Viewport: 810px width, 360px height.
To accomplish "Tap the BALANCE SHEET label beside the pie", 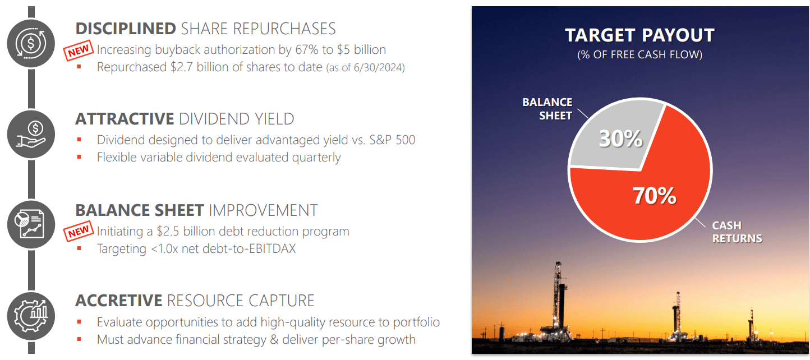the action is [x=547, y=109].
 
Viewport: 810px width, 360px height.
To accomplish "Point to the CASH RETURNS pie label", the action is [x=737, y=232].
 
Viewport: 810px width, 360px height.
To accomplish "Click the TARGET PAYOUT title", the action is [x=639, y=35].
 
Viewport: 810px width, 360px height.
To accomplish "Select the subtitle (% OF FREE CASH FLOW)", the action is [x=639, y=54].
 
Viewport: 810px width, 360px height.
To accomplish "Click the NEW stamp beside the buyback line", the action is [x=79, y=50].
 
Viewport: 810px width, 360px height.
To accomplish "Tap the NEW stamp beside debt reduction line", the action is [x=79, y=230].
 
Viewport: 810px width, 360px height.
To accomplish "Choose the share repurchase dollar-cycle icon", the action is [x=31, y=43].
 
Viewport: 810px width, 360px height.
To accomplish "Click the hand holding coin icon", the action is [x=31, y=135].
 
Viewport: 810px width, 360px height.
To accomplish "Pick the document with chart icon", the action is [x=31, y=224].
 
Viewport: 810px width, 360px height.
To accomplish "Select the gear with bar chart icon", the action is [x=31, y=316].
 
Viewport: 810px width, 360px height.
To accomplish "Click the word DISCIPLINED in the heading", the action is [x=126, y=29].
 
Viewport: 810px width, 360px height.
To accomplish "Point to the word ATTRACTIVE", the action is [x=125, y=119].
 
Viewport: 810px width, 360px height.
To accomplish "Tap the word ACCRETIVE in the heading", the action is [x=119, y=301].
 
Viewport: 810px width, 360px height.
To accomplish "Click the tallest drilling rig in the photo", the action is [x=559, y=300].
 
